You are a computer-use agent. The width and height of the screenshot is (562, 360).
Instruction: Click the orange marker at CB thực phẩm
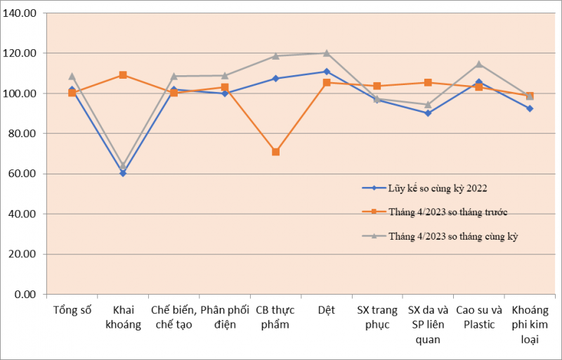click(275, 152)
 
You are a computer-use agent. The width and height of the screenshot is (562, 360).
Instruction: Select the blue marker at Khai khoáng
click(123, 173)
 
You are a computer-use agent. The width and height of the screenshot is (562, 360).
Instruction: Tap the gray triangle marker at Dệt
click(327, 53)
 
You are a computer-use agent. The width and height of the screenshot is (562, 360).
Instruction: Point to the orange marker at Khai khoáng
click(123, 75)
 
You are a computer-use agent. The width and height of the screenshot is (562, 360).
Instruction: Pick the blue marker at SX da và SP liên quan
click(428, 113)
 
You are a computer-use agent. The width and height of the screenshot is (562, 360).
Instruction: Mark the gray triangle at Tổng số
click(72, 76)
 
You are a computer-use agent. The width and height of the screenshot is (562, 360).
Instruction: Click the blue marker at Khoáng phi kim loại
click(530, 108)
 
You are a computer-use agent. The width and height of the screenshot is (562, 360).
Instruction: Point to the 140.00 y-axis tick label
click(25, 13)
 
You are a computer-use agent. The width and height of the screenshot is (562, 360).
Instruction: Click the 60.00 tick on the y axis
click(27, 174)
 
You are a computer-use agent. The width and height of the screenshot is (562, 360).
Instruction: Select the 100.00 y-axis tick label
click(25, 94)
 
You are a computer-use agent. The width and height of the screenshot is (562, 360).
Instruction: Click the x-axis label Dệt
click(327, 310)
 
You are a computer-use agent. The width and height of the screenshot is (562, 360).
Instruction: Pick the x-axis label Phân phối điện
click(225, 317)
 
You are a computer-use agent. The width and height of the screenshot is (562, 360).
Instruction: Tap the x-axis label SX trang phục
click(377, 317)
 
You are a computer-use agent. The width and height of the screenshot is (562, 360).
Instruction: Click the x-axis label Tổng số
click(72, 310)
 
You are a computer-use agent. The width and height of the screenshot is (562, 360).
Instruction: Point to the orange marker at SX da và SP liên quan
click(428, 82)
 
